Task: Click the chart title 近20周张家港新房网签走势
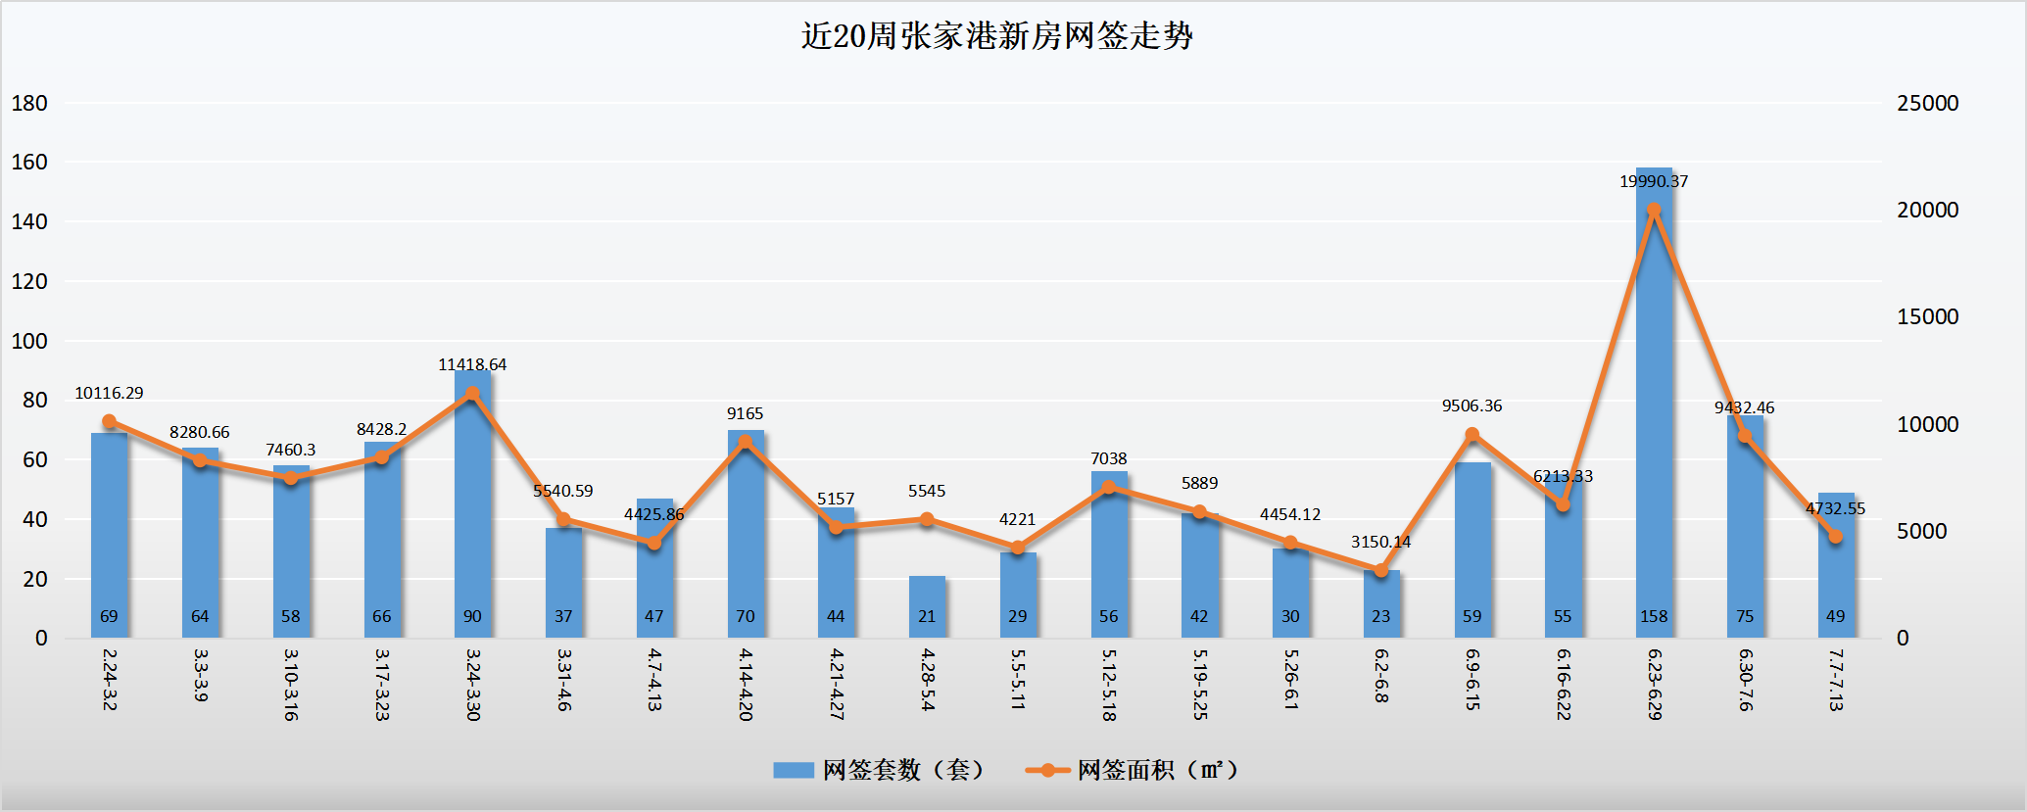point(996,36)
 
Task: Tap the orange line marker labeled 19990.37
point(1654,211)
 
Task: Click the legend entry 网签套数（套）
point(878,770)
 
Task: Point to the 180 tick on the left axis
point(29,103)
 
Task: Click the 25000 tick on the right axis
point(1927,103)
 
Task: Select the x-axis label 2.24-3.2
point(109,679)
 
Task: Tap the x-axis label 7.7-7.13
point(1836,679)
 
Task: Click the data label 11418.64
point(472,364)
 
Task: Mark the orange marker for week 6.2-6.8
point(1381,570)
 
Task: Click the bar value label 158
point(1654,616)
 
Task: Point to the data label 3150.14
point(1380,542)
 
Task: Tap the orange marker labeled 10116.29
point(109,422)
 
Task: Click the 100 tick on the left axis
point(29,341)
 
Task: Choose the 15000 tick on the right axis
point(1927,316)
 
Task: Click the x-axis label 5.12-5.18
point(1109,684)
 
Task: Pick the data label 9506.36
point(1472,406)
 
